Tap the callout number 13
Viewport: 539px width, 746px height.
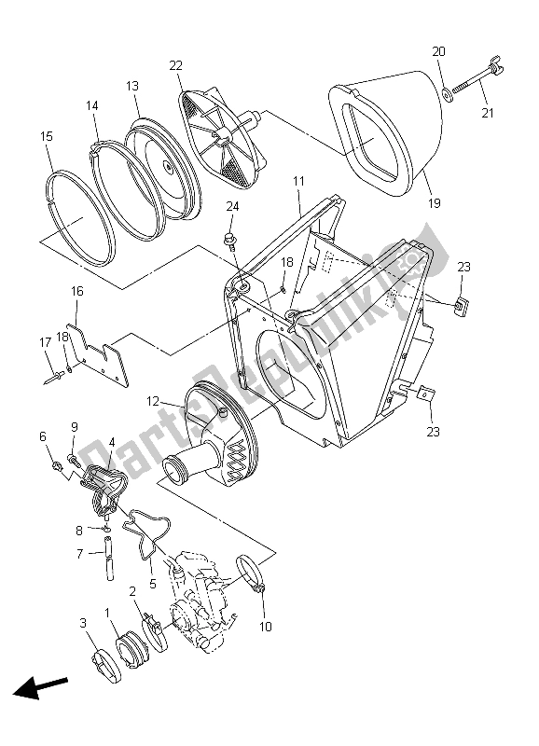(132, 86)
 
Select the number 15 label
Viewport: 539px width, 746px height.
(46, 137)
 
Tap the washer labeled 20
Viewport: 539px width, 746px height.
(449, 90)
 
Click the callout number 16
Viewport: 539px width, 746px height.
(77, 292)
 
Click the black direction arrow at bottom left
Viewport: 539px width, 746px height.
(41, 691)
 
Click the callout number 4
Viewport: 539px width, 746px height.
(111, 442)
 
